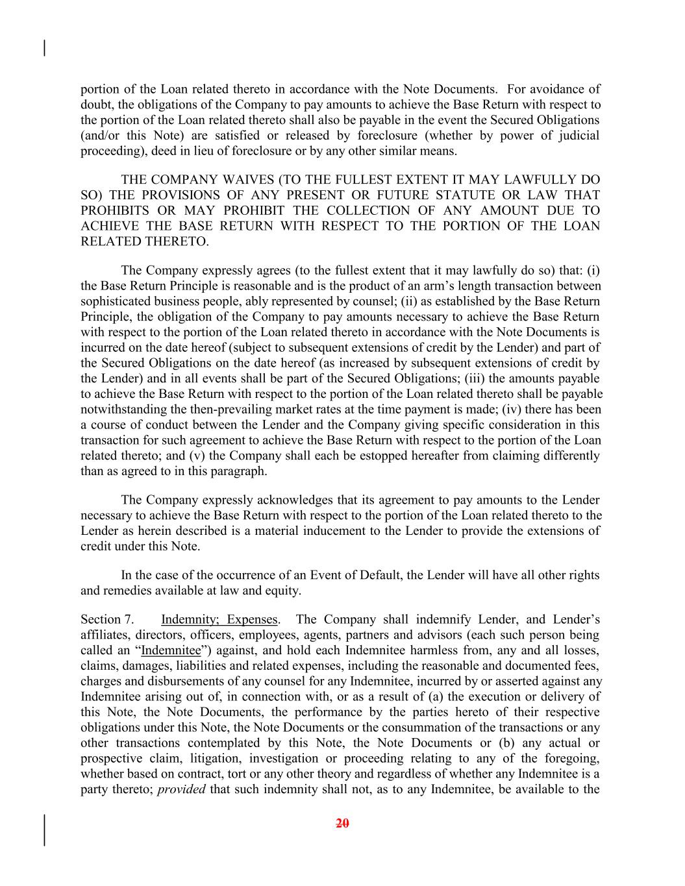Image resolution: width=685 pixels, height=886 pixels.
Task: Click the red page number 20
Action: [343, 824]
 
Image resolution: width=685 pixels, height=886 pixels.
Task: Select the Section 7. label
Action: [107, 619]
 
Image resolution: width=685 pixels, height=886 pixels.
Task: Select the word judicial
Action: [579, 136]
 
